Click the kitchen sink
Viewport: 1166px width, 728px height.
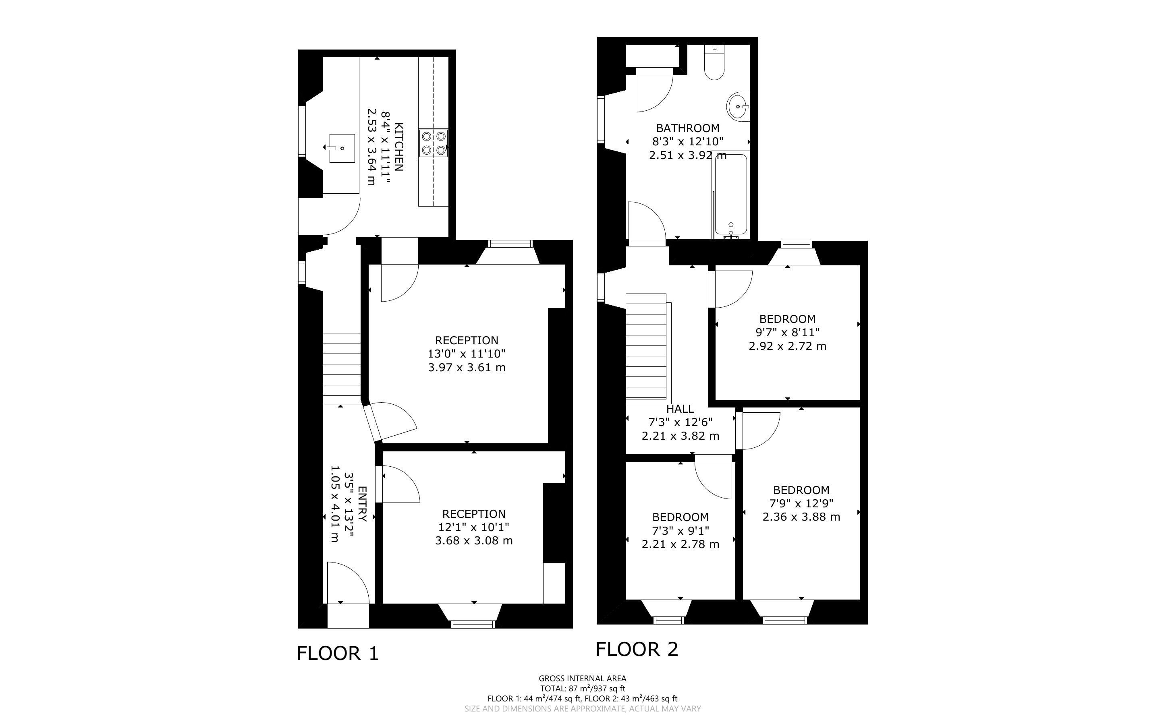click(x=342, y=148)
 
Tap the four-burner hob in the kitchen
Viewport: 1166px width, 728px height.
click(x=434, y=143)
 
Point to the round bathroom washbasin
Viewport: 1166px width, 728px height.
click(x=738, y=106)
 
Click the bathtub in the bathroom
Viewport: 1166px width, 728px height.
click(x=730, y=195)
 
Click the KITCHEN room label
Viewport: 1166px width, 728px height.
click(x=399, y=147)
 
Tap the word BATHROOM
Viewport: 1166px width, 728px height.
click(x=688, y=128)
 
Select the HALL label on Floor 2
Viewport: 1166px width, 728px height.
click(x=680, y=409)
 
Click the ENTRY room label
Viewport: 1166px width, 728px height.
click(x=363, y=504)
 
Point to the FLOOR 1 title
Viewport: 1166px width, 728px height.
click(x=338, y=654)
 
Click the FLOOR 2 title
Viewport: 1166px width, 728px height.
click(x=637, y=649)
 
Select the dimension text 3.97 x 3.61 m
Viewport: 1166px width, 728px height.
click(x=467, y=367)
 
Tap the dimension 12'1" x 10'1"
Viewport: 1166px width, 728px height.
click(x=473, y=527)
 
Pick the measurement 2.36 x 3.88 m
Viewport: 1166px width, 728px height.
click(x=801, y=517)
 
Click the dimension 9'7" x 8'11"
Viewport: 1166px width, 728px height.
click(x=787, y=332)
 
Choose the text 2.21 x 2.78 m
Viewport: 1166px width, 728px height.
click(x=681, y=544)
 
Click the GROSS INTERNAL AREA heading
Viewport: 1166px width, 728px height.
click(x=582, y=679)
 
